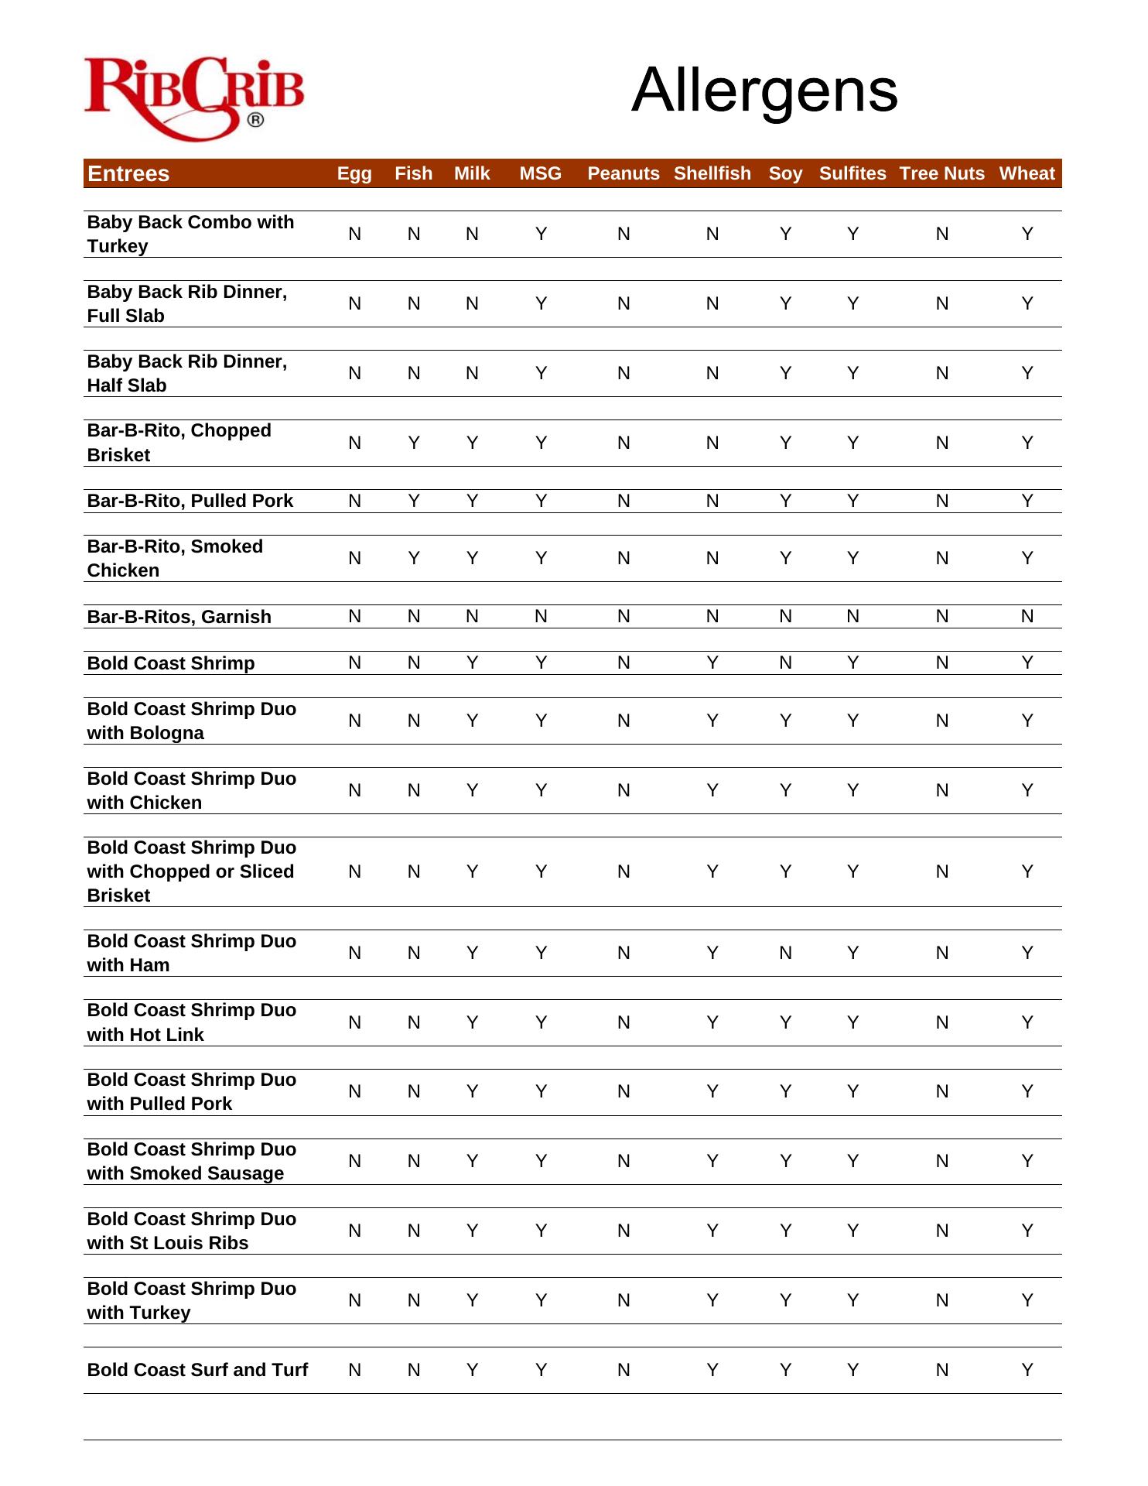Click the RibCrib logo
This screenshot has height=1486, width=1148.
(193, 97)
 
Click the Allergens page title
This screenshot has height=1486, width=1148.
(764, 91)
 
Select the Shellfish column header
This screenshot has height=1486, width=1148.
(712, 173)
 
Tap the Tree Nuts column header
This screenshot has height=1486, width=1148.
(941, 173)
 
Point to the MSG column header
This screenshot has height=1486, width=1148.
(540, 173)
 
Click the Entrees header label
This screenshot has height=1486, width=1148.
(128, 173)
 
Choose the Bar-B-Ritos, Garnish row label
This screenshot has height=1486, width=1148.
(179, 617)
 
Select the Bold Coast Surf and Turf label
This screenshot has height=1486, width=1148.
(197, 1370)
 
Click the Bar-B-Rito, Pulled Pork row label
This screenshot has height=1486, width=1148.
(190, 501)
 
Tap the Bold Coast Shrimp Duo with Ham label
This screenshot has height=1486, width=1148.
(191, 953)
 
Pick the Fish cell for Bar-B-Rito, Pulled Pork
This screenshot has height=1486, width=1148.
(414, 501)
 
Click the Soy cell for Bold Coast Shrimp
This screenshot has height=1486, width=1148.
(785, 663)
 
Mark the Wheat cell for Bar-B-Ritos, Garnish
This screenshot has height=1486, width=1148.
(1027, 616)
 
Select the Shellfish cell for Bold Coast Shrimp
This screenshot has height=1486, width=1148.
(712, 663)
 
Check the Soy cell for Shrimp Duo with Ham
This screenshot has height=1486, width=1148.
(785, 953)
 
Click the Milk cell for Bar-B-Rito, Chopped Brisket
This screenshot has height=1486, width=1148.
(472, 443)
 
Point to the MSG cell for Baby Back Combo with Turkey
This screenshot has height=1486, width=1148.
(541, 234)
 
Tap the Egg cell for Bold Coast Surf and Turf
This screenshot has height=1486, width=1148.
(354, 1370)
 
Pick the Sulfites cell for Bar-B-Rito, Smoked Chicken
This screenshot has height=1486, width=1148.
(852, 558)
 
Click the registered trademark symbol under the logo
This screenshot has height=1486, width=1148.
(255, 120)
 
